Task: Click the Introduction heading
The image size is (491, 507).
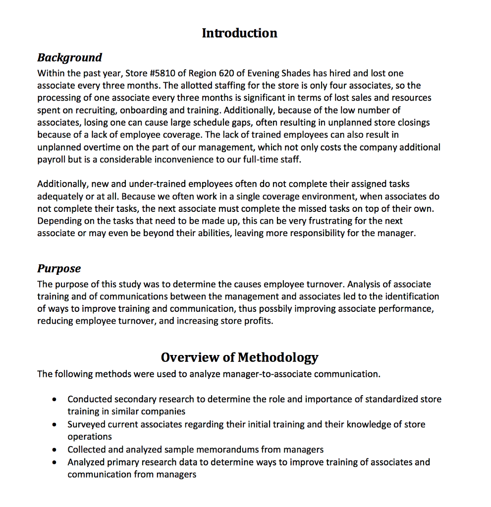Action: [x=239, y=33]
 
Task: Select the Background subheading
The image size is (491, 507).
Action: [x=69, y=57]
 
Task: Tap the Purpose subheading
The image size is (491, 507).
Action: [x=59, y=268]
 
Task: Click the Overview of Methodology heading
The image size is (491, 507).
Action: [x=239, y=357]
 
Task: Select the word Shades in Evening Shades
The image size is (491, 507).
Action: [x=295, y=73]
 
